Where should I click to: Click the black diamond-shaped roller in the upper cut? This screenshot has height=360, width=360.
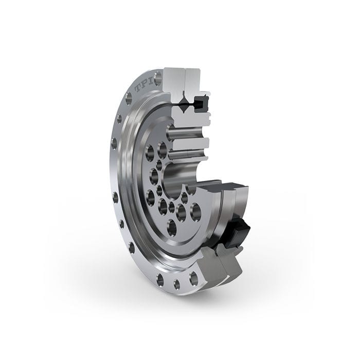(183, 107)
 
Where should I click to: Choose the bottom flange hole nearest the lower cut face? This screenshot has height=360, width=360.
(193, 279)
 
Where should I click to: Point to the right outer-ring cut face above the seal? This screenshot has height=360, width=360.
(196, 82)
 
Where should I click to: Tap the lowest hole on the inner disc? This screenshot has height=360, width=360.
(172, 227)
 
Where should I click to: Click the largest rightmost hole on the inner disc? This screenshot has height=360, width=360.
(195, 211)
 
